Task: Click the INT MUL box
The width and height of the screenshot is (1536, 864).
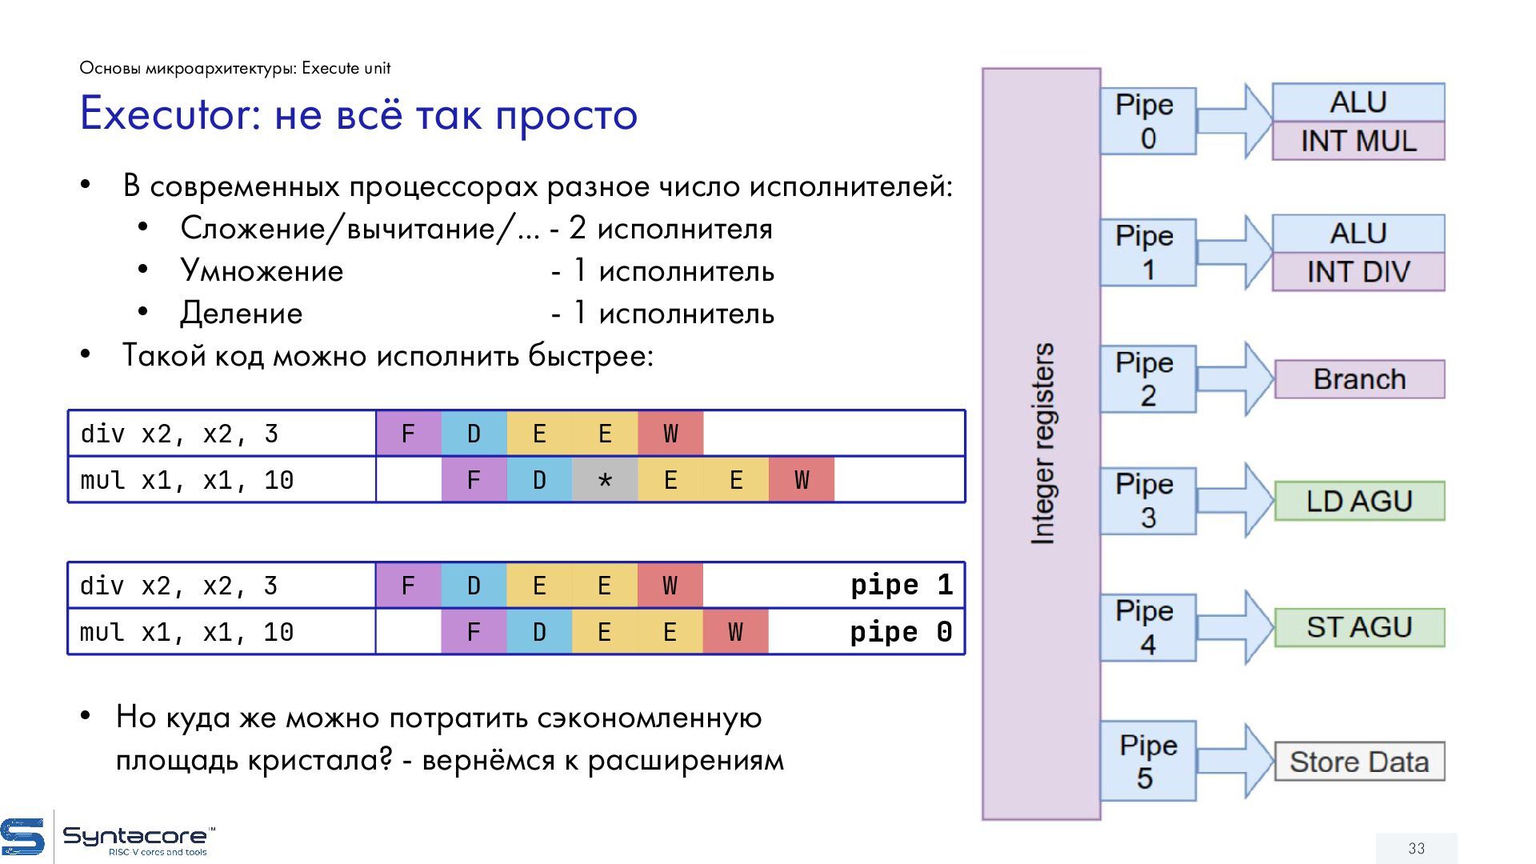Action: pos(1358,141)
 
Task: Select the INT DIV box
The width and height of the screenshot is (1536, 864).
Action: pos(1358,272)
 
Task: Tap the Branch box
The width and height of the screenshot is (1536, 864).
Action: pos(1359,379)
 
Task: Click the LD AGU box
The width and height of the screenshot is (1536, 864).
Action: pos(1359,501)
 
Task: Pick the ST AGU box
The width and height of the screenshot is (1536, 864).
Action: pos(1359,627)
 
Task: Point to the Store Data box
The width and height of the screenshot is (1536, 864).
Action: pos(1359,762)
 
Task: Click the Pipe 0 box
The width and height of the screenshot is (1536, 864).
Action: pos(1147,122)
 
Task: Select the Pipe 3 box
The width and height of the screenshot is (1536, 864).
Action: pos(1147,501)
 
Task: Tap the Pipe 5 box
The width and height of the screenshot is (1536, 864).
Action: pos(1147,762)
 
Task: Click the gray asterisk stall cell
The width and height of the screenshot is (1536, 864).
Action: pos(605,480)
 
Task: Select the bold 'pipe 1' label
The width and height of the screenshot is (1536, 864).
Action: pos(901,586)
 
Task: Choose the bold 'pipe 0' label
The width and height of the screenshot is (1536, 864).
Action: pos(901,632)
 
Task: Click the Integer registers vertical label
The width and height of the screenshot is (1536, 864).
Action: pos(1042,444)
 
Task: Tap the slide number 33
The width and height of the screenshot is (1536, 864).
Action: pos(1416,848)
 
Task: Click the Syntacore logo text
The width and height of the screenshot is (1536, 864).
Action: pos(134,837)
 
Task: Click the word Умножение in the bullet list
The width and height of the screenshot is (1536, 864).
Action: pos(262,271)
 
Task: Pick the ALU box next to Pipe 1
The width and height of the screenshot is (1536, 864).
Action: pos(1358,234)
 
